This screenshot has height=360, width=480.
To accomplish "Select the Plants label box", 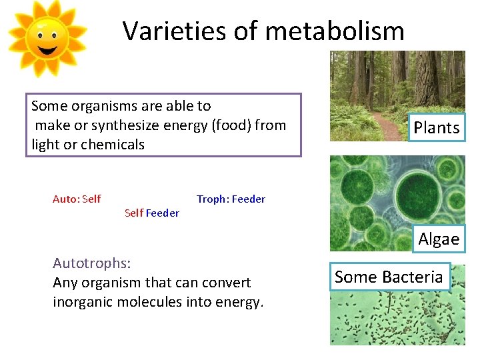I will [x=437, y=127].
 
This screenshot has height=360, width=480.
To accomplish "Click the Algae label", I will [x=439, y=239].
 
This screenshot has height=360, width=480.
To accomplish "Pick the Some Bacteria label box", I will [x=389, y=277].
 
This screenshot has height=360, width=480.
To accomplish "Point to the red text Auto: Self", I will [x=77, y=199].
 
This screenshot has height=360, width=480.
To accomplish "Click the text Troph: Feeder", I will [x=231, y=199].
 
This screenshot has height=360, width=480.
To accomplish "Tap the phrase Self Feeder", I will [x=152, y=213].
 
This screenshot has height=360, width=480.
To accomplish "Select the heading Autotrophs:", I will [x=91, y=263].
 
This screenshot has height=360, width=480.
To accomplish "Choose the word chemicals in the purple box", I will [x=112, y=145].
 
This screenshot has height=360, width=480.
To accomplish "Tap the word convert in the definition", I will [x=225, y=283].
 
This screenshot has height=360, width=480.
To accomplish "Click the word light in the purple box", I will [x=45, y=145].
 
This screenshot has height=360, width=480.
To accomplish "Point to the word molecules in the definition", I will [x=155, y=302].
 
